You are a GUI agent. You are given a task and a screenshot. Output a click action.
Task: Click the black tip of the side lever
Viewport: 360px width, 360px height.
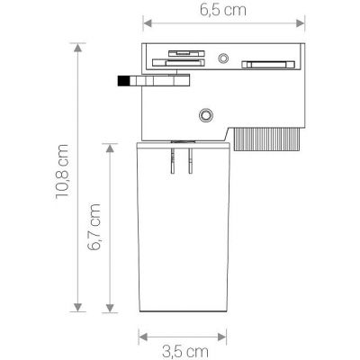click(x=122, y=82)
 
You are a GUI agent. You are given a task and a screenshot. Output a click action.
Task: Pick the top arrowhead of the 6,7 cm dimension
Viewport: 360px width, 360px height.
click(x=110, y=143)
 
